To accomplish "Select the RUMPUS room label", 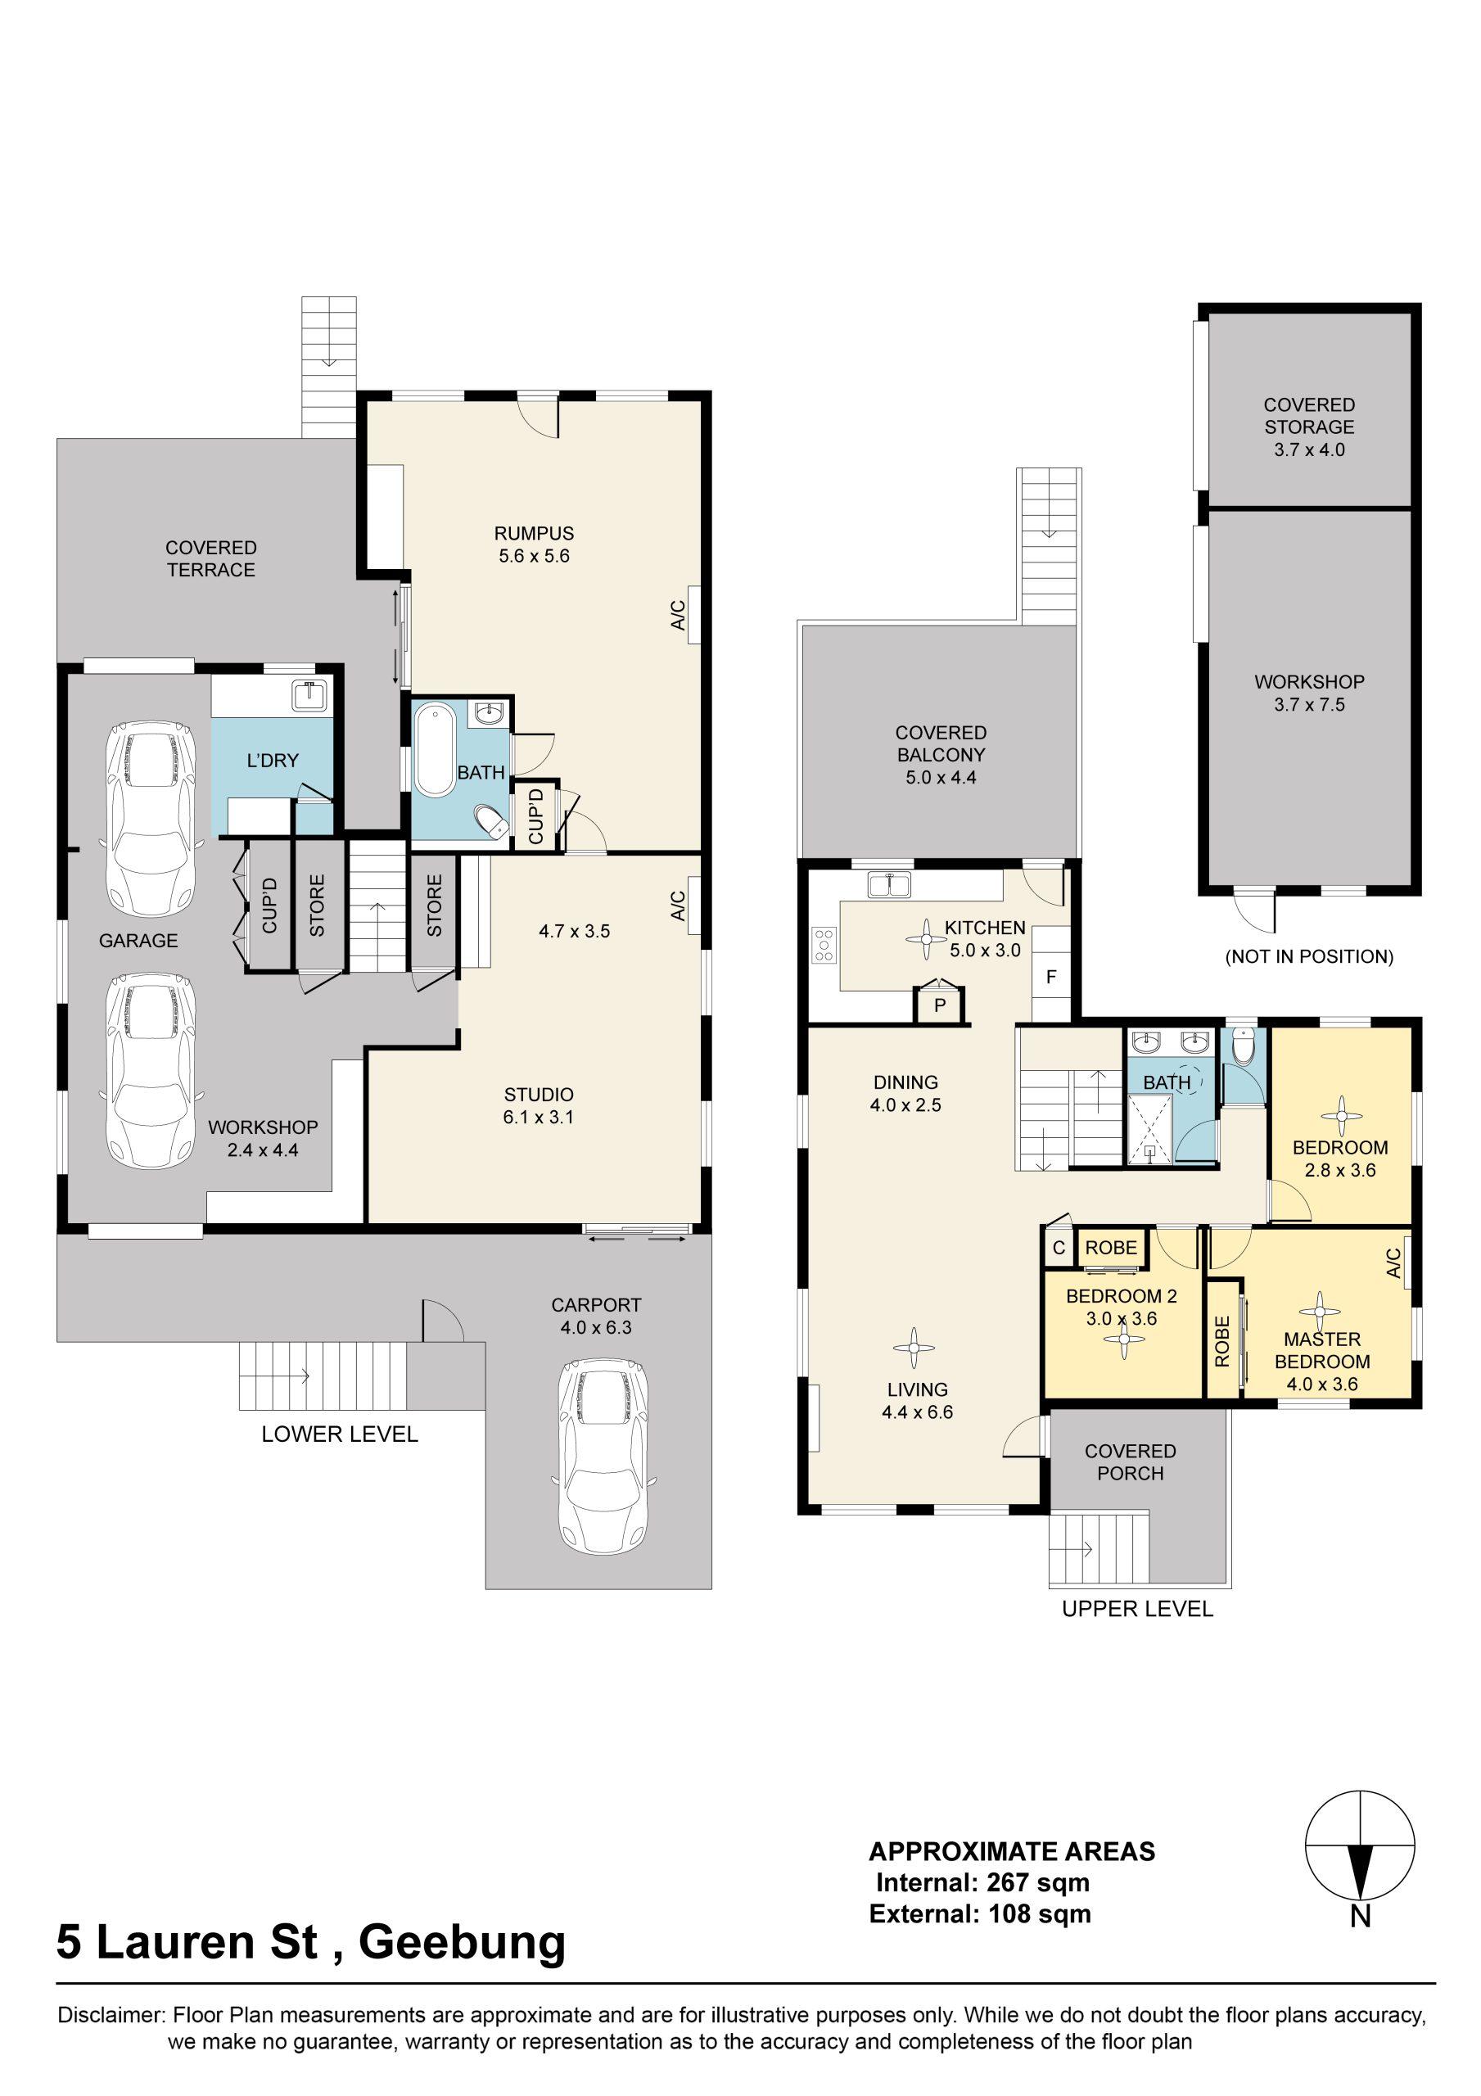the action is [534, 533].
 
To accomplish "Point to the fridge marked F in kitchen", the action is [1051, 976].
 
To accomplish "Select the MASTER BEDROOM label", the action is [1322, 1350].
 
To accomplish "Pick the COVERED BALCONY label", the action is [941, 743].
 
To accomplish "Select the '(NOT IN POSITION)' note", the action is [1309, 957].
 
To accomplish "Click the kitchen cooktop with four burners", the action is [824, 944].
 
